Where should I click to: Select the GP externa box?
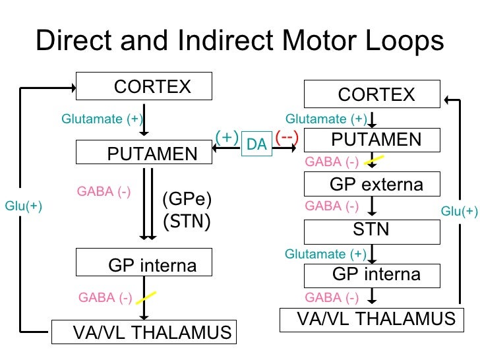pos(371,184)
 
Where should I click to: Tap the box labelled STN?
pos(371,229)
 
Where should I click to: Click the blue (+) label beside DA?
pos(226,137)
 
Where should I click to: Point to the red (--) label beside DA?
pos(287,137)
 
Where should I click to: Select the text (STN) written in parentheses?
pos(186,221)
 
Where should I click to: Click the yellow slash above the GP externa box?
pos(375,159)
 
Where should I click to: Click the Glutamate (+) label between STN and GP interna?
pos(325,254)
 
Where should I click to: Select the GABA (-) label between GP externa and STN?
pos(332,206)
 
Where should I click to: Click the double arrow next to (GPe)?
pos(148,204)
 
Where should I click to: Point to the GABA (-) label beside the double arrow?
pos(104,192)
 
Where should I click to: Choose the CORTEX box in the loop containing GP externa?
pos(371,94)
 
